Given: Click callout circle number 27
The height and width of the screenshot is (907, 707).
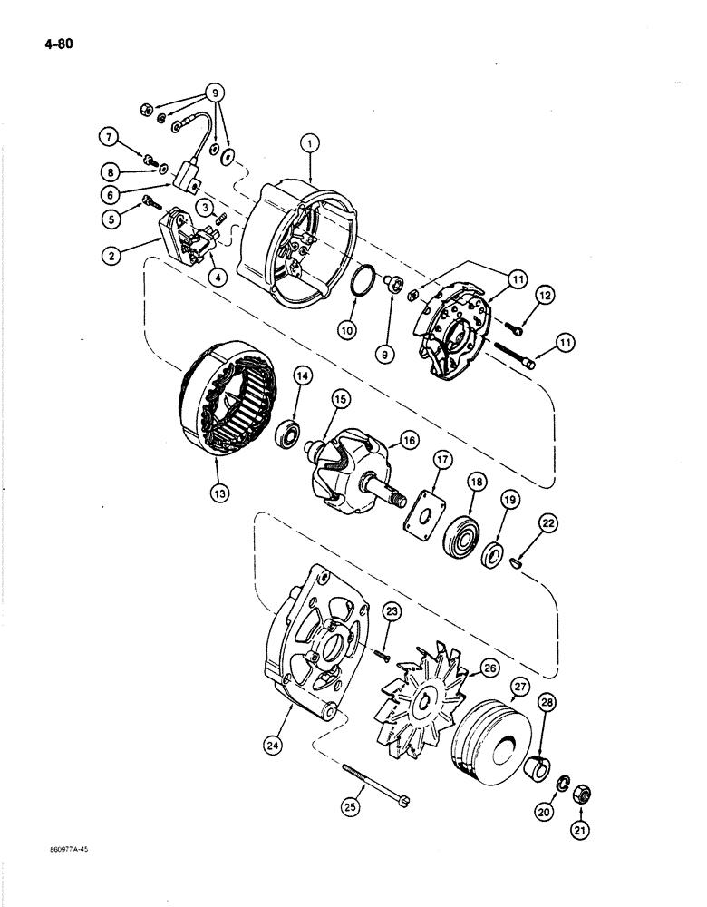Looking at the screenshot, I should pyautogui.click(x=519, y=688).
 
